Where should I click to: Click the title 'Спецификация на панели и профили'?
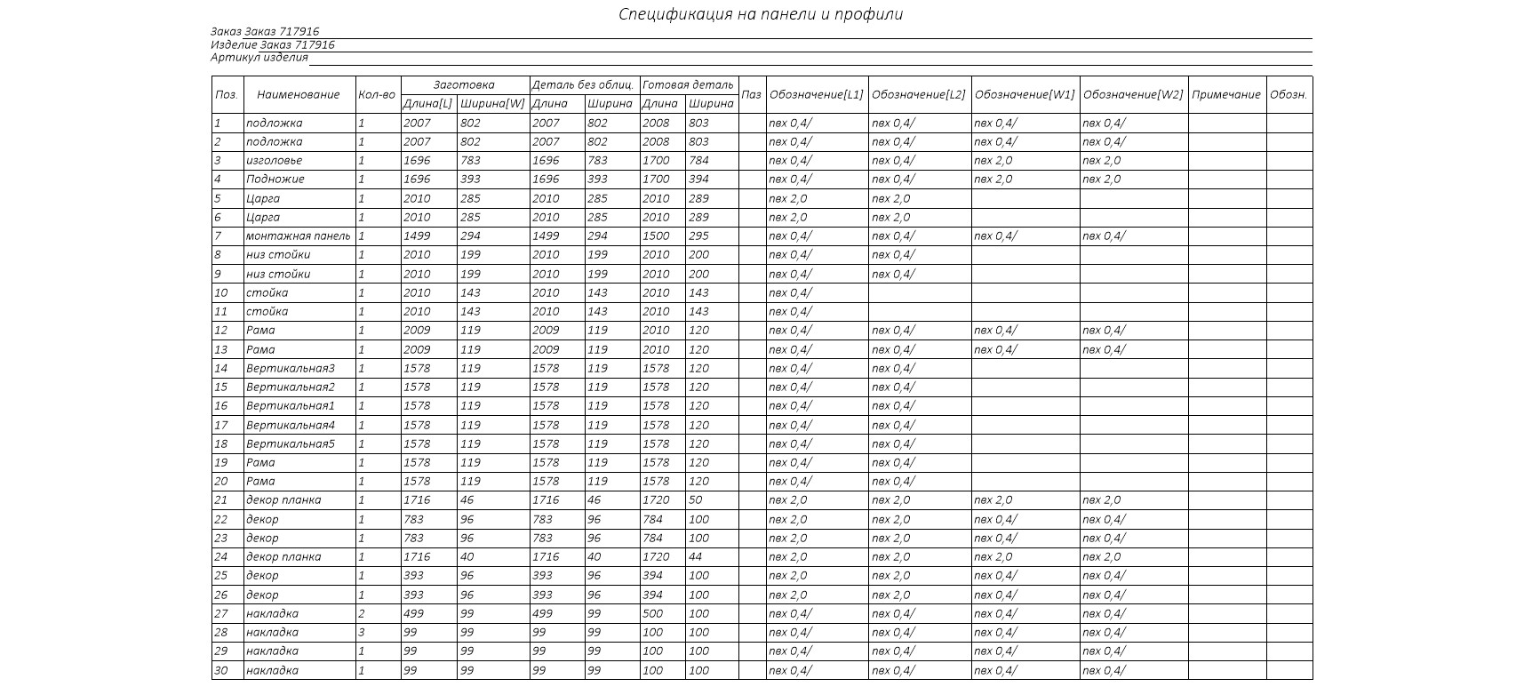pos(761,14)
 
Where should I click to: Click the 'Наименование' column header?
pos(298,94)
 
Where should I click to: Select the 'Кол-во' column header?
pos(377,94)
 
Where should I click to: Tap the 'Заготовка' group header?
pos(464,85)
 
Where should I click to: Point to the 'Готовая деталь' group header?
pos(689,85)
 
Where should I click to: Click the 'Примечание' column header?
pos(1226,94)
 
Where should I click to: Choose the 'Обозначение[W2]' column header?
pos(1133,94)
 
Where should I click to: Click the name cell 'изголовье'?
pos(274,161)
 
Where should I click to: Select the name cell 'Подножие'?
pos(275,180)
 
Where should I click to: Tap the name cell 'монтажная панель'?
pos(298,236)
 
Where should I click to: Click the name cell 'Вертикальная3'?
pos(290,369)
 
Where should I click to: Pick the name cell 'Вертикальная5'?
pos(290,444)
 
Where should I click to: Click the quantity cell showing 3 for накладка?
pos(362,633)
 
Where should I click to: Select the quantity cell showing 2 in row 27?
pos(362,614)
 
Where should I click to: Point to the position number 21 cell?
pos(221,500)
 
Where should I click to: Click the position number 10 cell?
pos(221,293)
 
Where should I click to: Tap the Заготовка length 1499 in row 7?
pos(417,236)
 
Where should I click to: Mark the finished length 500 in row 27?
pos(653,614)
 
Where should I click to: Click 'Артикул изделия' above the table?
pos(259,58)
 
